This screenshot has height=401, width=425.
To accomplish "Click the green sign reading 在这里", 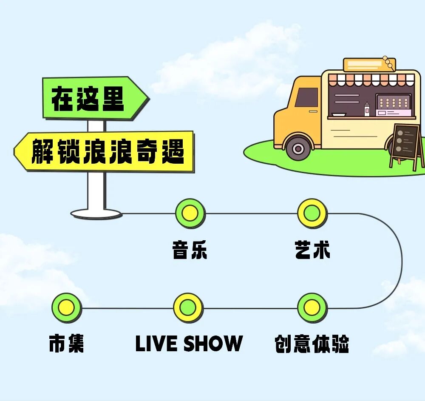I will point(91,98).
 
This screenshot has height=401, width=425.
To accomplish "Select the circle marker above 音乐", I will point(190,213).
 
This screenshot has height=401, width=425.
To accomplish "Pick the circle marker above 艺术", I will point(312,213).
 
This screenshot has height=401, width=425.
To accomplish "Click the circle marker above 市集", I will point(66,307).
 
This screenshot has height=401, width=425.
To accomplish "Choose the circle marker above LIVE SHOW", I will point(188,307).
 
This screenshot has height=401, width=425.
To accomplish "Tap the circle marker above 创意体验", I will point(312,307).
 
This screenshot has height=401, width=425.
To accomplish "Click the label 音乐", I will point(190,250).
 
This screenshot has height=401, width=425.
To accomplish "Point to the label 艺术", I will point(312,250).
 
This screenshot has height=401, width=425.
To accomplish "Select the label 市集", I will point(66,344).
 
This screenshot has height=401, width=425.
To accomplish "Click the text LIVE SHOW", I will point(189,344).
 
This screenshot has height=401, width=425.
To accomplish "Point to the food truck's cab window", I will point(307,97).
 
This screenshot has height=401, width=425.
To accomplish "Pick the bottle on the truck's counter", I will point(367,110).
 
